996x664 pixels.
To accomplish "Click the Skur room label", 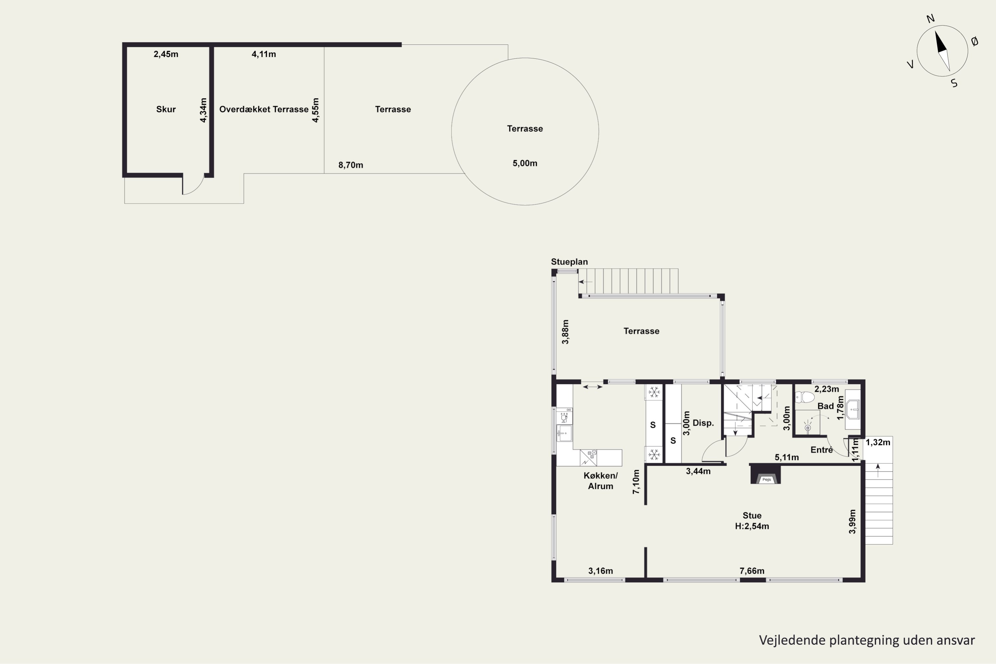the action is tap(166, 109).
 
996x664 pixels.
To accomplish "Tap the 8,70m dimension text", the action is tap(351, 165).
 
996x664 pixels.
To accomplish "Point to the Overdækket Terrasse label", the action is tap(264, 109).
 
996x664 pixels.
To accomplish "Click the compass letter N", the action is tap(930, 19).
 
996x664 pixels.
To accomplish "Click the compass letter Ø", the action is tap(974, 41).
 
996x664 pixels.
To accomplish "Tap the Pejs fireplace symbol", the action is tap(766, 475).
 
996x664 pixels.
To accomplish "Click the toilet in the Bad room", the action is tap(804, 397).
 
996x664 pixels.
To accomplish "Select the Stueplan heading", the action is tap(569, 262).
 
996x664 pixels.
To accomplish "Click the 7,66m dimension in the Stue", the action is tap(752, 571).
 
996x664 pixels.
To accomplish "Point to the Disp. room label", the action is tap(704, 423).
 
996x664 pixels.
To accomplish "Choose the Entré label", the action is tap(821, 450).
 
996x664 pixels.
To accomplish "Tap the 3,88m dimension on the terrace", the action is tap(565, 332).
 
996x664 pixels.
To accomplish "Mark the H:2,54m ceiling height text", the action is tap(752, 526).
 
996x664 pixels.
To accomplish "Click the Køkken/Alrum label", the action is tap(601, 481).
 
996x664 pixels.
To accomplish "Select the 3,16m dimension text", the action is tap(601, 571).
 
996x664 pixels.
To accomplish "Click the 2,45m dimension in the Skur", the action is tap(166, 54).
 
